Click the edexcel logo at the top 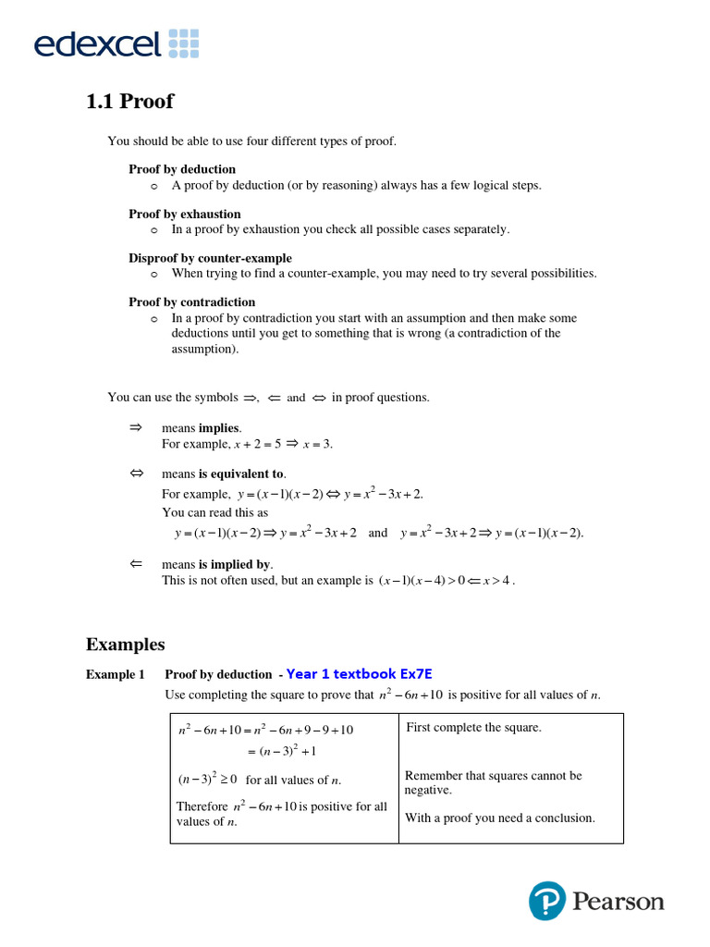[x=116, y=43]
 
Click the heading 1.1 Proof [x=129, y=101]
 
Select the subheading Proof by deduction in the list [x=182, y=169]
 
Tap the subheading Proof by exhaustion [x=185, y=214]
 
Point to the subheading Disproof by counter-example [x=210, y=258]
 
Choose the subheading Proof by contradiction [x=191, y=302]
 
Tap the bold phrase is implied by [x=236, y=564]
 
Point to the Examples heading [x=126, y=644]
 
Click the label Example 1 [x=116, y=674]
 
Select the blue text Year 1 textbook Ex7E [x=359, y=674]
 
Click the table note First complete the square [x=473, y=728]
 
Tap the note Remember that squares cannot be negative [x=493, y=782]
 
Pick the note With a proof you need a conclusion [x=499, y=818]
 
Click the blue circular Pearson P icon [x=547, y=901]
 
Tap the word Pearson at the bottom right [x=618, y=902]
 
